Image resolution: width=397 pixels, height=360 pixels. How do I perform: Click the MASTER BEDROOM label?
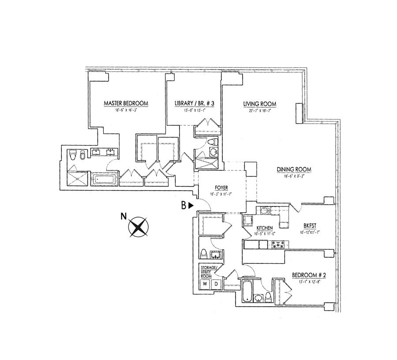(x=126, y=104)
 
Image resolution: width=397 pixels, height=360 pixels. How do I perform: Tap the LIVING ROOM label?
(x=260, y=104)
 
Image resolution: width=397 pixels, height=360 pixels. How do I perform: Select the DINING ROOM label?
(x=294, y=169)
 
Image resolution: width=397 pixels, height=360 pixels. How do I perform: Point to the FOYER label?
(x=221, y=187)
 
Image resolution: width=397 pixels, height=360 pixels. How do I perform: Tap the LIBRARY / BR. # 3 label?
(x=195, y=104)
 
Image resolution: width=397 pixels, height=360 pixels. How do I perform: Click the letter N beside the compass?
(x=124, y=216)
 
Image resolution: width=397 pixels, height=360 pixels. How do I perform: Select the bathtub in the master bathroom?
(x=105, y=180)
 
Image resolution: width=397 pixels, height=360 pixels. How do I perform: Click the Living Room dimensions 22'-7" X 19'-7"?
(x=260, y=111)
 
